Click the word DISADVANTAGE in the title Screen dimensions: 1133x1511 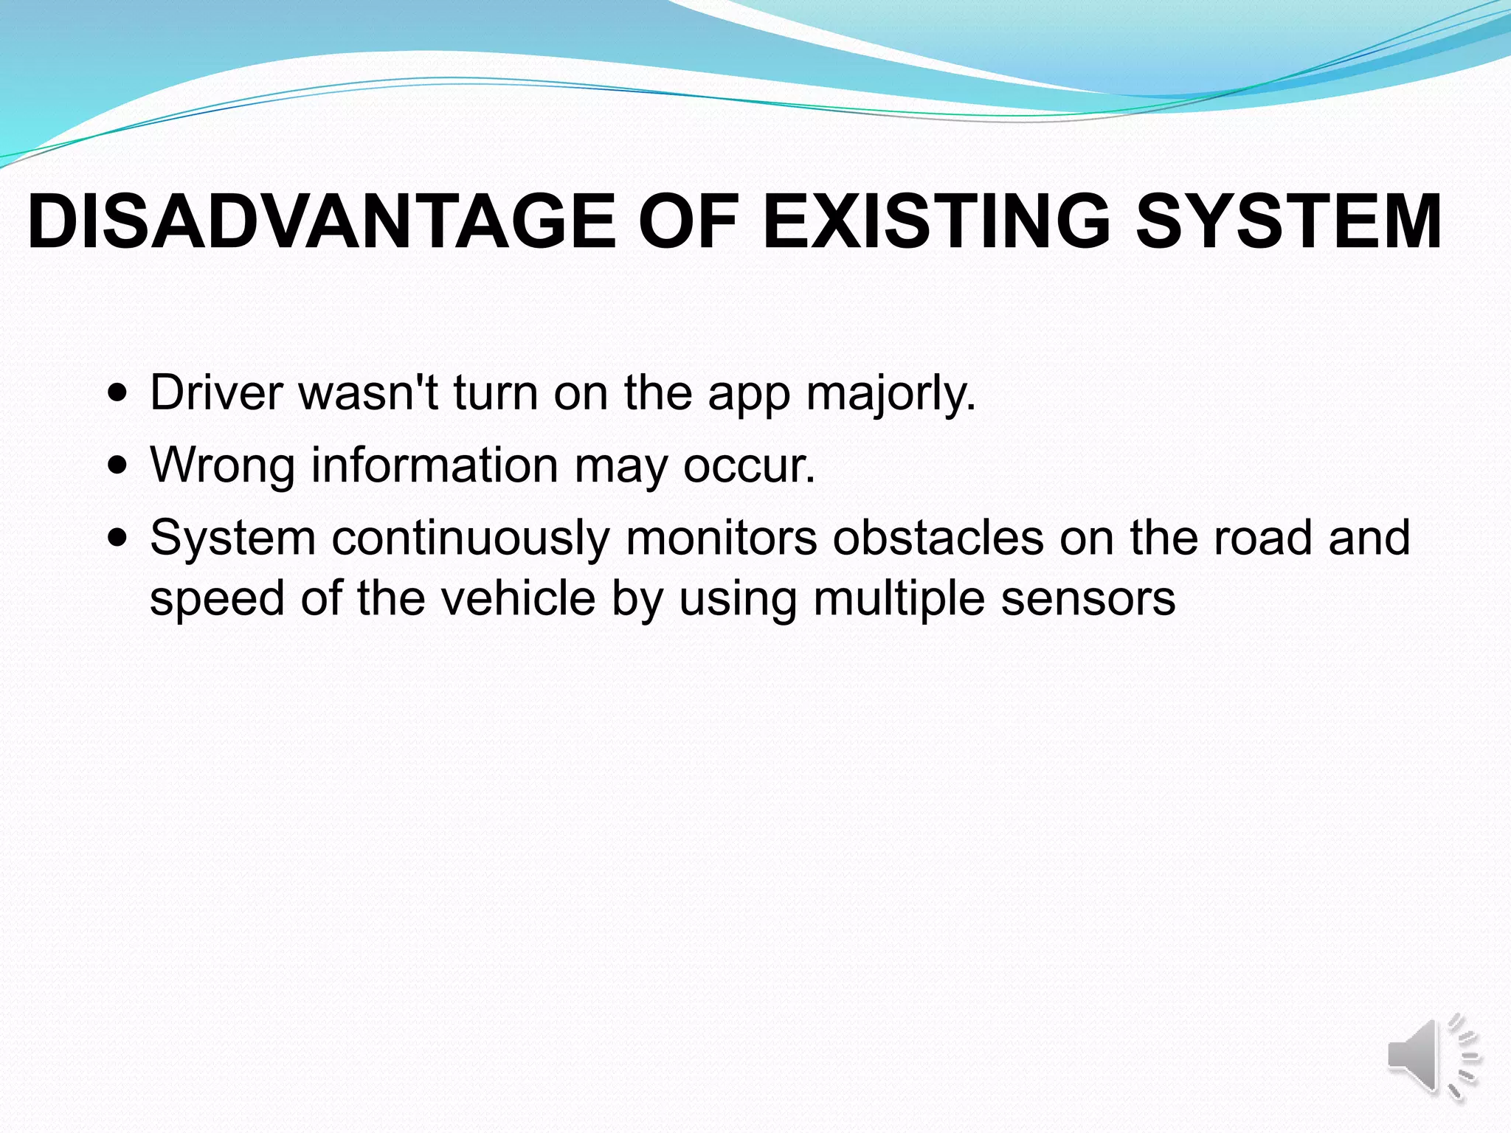click(x=322, y=221)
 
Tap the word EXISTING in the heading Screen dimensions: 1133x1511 click(x=936, y=221)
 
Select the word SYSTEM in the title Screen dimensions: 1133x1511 click(x=1288, y=221)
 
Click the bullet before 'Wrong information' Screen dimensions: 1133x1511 click(x=117, y=465)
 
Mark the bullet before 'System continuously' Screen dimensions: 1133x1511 click(x=117, y=537)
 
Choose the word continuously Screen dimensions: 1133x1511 click(x=470, y=538)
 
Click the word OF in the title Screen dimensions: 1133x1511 click(x=688, y=221)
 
